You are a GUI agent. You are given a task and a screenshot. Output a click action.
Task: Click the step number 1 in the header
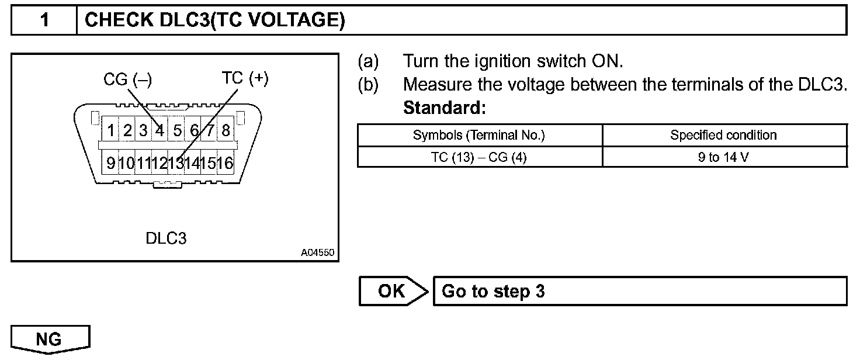point(44,21)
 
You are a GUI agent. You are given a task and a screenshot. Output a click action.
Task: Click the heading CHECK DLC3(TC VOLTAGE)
point(214,21)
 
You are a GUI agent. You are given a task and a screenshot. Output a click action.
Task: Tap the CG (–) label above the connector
point(128,79)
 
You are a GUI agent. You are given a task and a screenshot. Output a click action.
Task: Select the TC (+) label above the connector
point(245,78)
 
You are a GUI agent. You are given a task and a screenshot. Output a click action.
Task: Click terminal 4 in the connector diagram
point(159,130)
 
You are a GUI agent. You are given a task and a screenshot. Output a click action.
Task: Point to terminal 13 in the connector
point(176,162)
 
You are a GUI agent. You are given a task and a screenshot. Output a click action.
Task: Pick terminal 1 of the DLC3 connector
point(110,130)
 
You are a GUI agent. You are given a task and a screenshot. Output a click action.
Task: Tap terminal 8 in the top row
point(226,130)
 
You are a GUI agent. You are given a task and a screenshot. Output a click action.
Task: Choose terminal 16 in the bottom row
point(225,162)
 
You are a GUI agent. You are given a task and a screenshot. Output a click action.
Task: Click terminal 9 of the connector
point(110,162)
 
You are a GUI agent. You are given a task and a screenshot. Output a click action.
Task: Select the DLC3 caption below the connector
point(166,238)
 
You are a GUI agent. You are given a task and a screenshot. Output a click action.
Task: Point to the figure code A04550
point(317,253)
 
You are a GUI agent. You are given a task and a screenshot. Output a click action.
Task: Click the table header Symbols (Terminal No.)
point(479,136)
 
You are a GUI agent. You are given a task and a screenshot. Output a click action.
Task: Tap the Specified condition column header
point(723,136)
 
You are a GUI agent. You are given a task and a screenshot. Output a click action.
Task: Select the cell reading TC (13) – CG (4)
point(479,157)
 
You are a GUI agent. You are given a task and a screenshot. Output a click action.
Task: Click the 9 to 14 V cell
point(723,157)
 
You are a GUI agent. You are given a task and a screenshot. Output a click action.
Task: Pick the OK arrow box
point(393,291)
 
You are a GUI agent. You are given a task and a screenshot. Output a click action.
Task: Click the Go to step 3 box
point(639,291)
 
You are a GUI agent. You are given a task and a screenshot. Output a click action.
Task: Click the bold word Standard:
point(445,108)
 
